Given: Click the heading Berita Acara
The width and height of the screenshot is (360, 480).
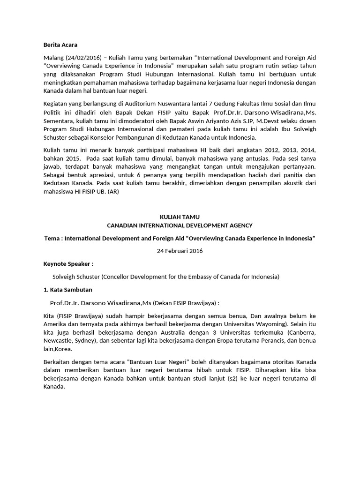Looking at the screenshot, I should (60, 45).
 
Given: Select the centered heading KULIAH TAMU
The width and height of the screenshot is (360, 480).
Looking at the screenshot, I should (180, 217).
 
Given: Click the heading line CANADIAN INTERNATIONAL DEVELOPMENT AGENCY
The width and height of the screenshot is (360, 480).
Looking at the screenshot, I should (180, 225).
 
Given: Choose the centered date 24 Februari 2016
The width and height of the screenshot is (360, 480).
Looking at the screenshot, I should (180, 251).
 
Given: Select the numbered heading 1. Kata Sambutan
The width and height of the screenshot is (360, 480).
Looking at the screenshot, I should (68, 289).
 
